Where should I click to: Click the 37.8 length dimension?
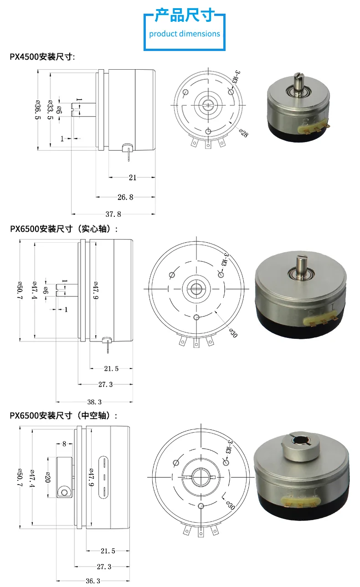pos(113,214)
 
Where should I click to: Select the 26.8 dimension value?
pos(125,197)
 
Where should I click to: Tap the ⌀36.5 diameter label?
pos(38,110)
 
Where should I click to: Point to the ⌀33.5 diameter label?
pos(50,110)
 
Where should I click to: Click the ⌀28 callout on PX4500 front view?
pos(243,133)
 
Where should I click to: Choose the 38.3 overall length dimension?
pos(94,402)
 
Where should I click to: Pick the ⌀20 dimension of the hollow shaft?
pos(48,477)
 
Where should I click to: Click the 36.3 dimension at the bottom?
pos(93,581)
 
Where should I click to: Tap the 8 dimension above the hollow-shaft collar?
pos(64,444)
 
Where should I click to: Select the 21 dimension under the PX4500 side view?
pos(133,178)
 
